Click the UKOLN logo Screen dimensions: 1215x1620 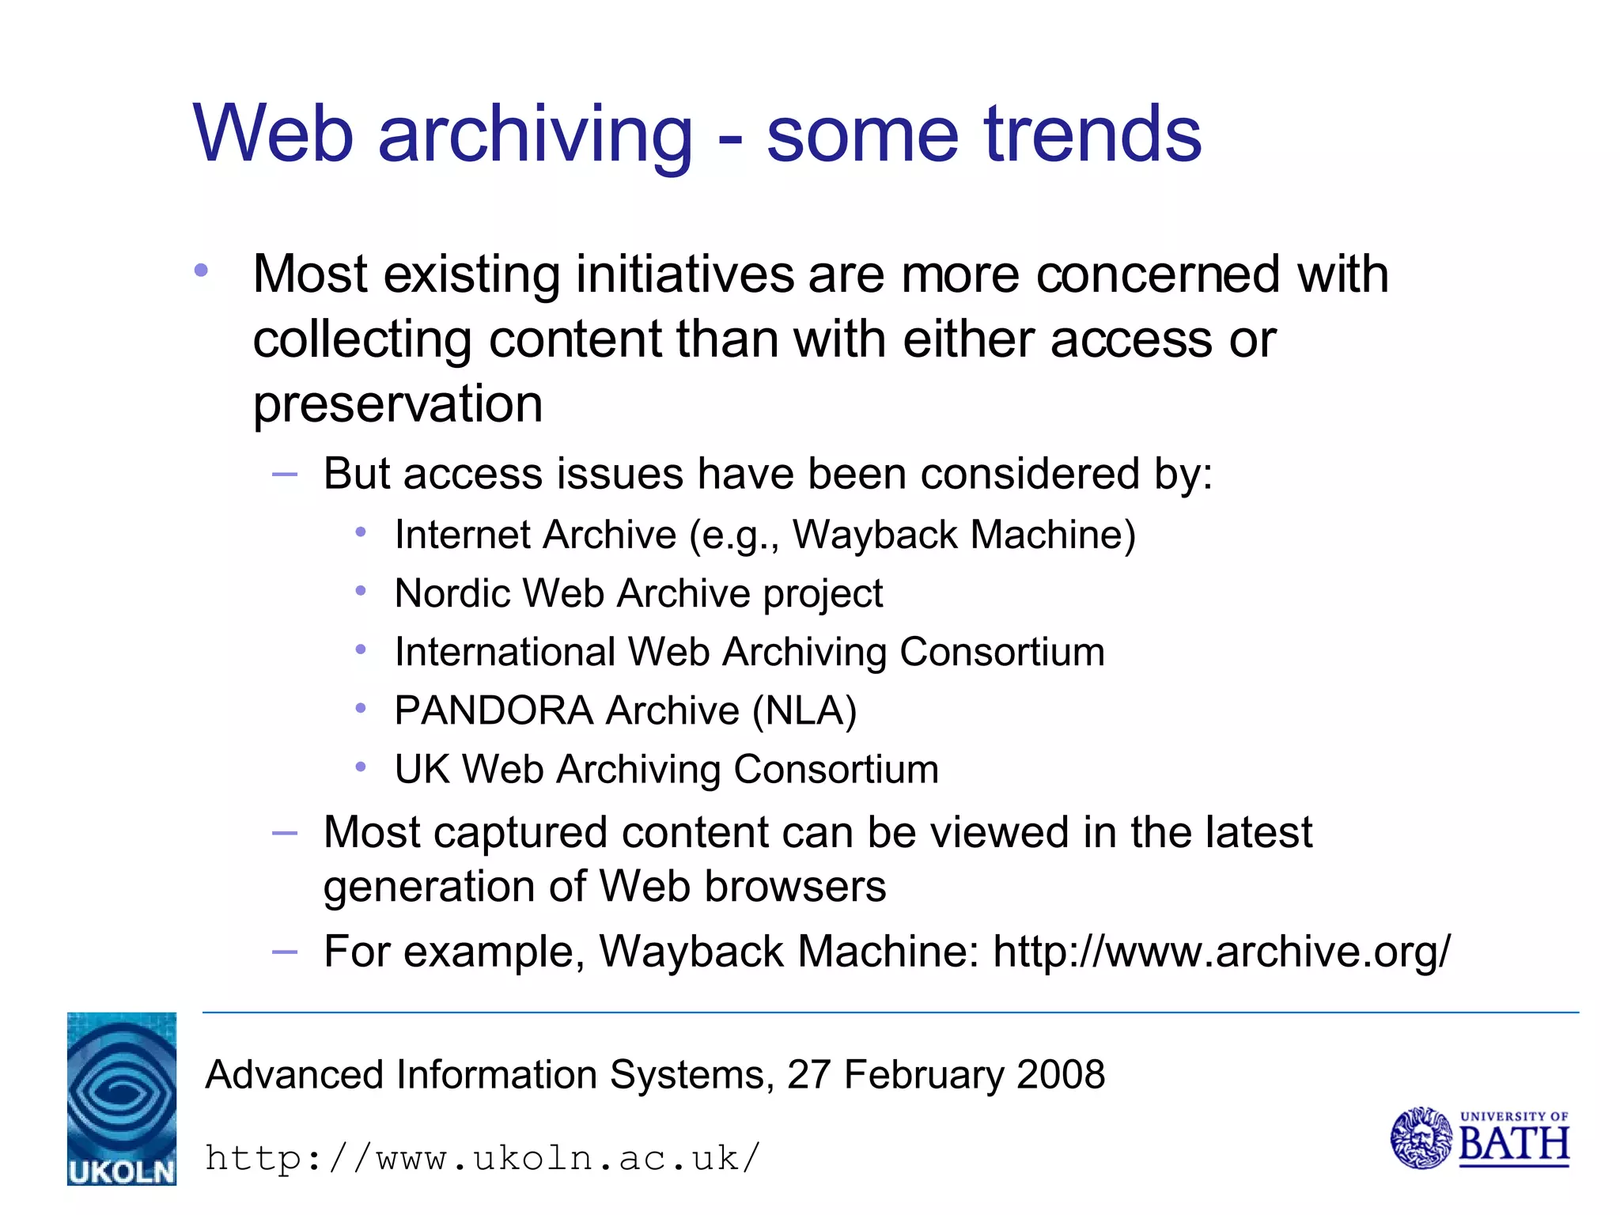(x=121, y=1098)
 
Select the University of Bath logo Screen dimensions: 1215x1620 (x=1479, y=1138)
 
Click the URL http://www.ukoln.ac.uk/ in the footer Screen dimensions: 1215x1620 (x=483, y=1159)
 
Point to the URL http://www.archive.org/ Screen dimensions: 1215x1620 (x=1221, y=952)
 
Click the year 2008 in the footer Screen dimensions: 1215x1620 (x=1060, y=1075)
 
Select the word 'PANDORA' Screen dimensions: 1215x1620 (x=494, y=710)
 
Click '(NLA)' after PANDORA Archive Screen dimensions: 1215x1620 (x=804, y=710)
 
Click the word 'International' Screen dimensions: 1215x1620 (x=505, y=652)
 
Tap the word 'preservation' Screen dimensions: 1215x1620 (x=397, y=405)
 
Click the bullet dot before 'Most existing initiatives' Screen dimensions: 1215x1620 (x=201, y=271)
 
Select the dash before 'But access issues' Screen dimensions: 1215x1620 (x=284, y=475)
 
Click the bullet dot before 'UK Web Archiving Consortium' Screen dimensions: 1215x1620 (x=361, y=766)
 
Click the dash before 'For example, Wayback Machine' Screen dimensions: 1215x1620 (x=284, y=952)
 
